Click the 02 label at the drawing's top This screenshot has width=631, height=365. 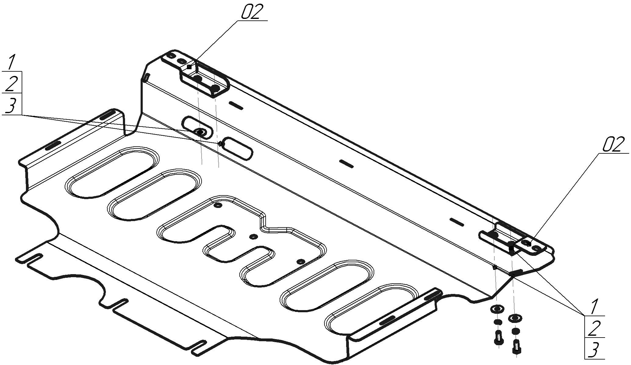click(252, 12)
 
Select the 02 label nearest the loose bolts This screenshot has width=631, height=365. click(612, 145)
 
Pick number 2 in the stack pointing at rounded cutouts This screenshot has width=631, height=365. click(11, 83)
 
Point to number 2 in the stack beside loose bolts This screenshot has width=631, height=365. click(593, 328)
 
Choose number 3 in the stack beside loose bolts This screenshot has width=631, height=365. click(593, 350)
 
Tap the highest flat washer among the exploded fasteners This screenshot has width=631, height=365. click(497, 309)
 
